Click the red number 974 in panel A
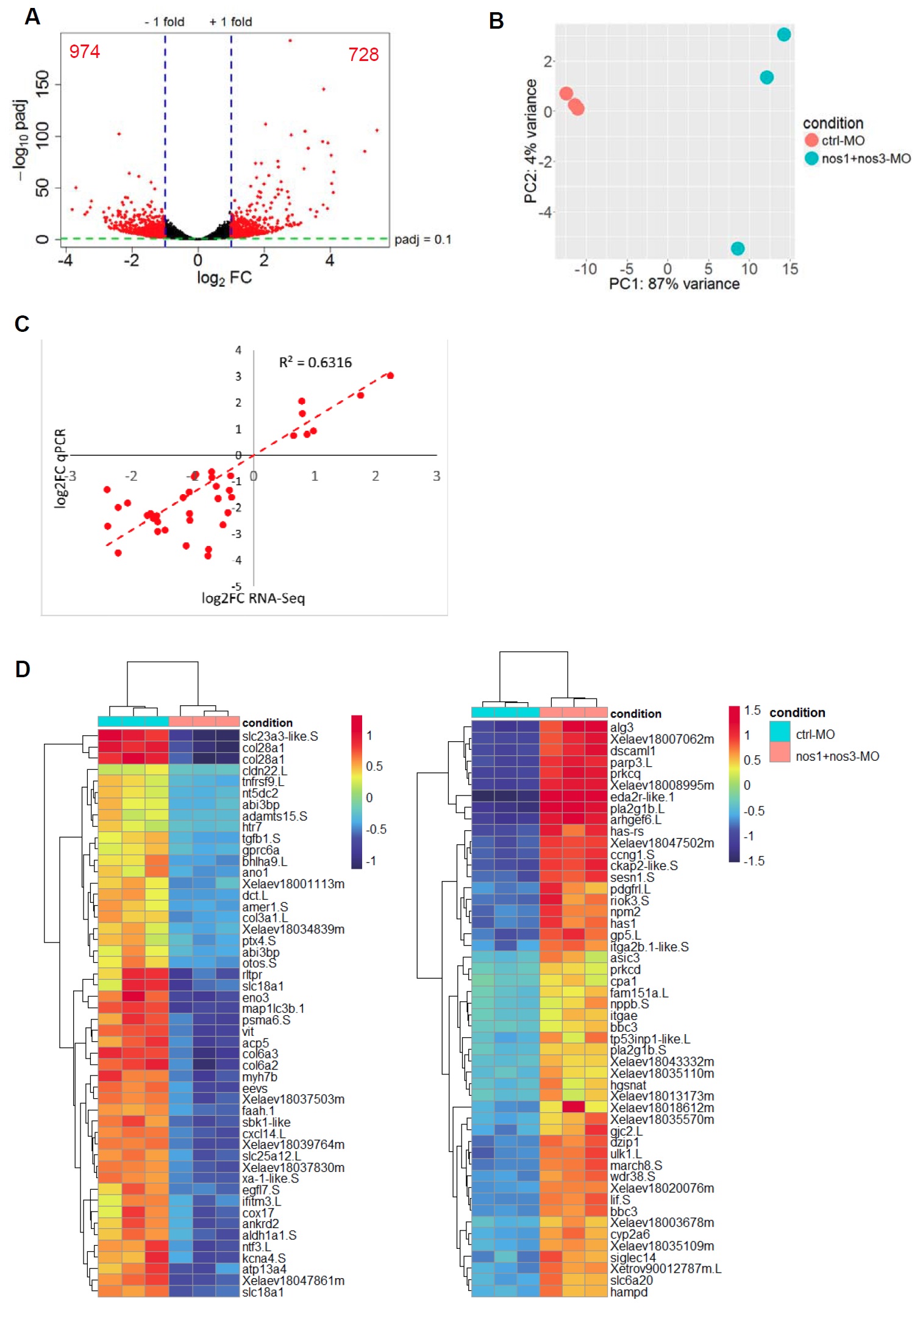tap(84, 51)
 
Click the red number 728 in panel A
tap(363, 55)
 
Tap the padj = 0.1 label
tap(422, 240)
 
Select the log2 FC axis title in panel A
tap(224, 278)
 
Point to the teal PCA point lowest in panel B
tap(738, 248)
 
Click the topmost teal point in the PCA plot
tap(784, 35)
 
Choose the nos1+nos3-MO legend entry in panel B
tap(866, 159)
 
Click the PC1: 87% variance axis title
tap(674, 284)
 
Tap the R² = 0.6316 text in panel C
tap(315, 362)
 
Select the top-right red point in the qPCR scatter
tap(390, 376)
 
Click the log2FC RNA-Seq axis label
tap(253, 598)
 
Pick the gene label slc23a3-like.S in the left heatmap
tap(280, 736)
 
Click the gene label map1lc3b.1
tap(273, 1008)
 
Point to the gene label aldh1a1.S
tap(269, 1235)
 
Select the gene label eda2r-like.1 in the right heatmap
tap(642, 797)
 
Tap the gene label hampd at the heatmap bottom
tap(629, 1292)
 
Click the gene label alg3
tap(622, 727)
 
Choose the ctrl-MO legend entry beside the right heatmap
tap(815, 735)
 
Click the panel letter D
tap(23, 670)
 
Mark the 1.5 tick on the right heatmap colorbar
tap(752, 710)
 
